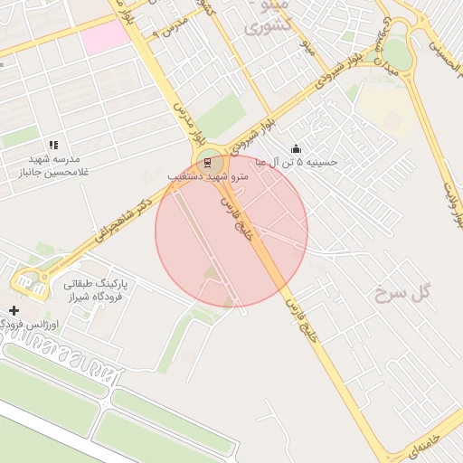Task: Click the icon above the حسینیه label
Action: [296, 149]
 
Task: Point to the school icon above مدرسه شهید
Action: [53, 145]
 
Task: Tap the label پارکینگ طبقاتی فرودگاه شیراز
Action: [97, 289]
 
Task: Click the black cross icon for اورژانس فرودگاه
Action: [14, 311]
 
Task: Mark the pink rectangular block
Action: [106, 37]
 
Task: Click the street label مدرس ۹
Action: [171, 24]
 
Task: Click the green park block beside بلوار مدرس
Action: [222, 115]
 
